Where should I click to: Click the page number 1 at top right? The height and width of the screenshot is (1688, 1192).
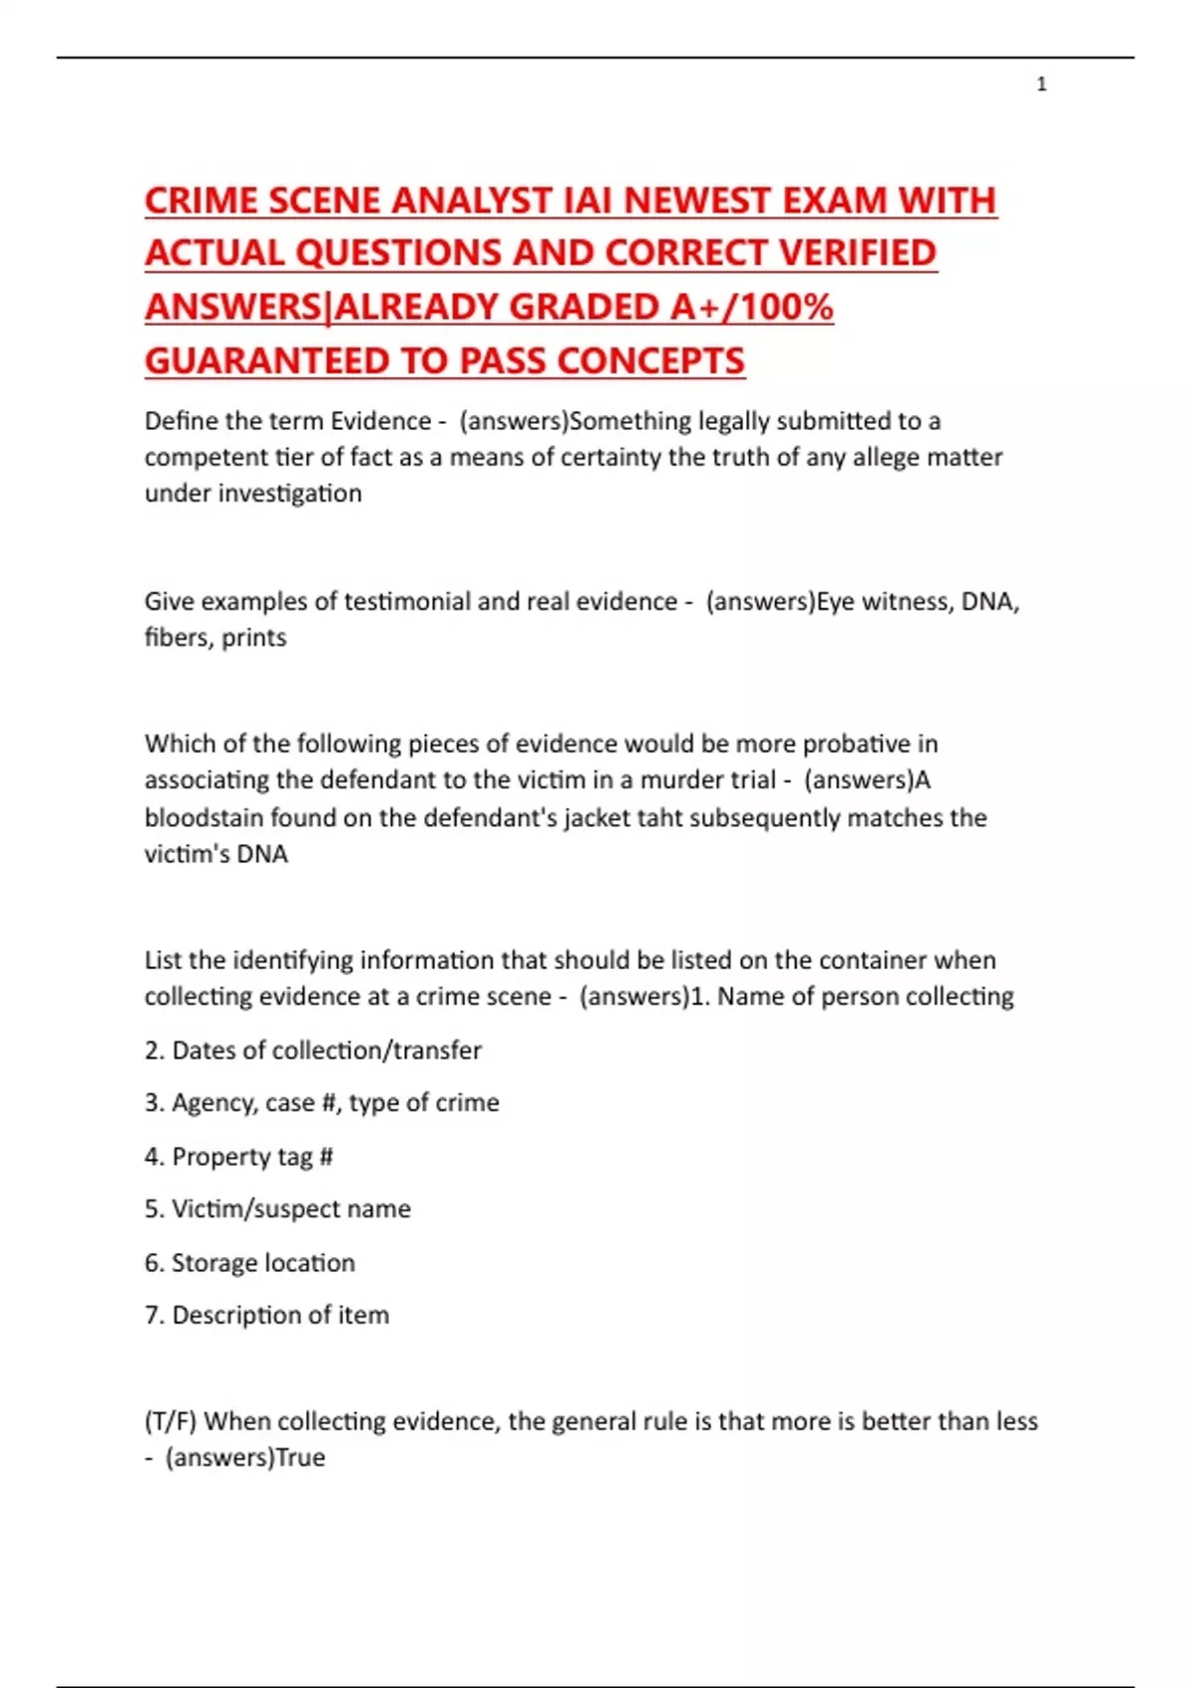click(x=1041, y=84)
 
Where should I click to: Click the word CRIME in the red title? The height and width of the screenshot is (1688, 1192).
click(x=202, y=201)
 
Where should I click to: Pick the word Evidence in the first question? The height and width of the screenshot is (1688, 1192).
click(x=380, y=421)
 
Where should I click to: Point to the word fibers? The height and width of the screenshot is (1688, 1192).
click(x=177, y=637)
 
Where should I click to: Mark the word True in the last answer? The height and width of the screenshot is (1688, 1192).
click(x=300, y=1458)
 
